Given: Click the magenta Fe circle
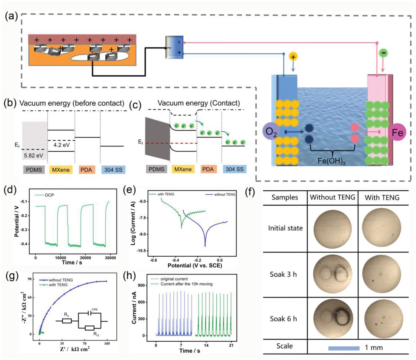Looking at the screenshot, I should (x=397, y=132).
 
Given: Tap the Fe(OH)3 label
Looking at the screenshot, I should (x=331, y=161).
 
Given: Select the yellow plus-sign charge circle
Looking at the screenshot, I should (x=293, y=57).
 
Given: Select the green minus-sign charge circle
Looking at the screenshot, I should (x=383, y=53).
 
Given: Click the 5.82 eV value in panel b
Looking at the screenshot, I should (x=33, y=155).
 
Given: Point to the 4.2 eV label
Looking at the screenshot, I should (x=61, y=145).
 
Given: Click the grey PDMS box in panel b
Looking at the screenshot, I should (x=34, y=170).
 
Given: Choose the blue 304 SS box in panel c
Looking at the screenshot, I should (x=234, y=169).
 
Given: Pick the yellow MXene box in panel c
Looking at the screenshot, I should (x=183, y=169).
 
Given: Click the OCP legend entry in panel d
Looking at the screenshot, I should (x=49, y=195).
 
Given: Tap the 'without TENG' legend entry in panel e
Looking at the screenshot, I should (x=224, y=194).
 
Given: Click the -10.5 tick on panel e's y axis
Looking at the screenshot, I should (x=142, y=251).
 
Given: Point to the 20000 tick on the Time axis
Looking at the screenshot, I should (x=85, y=258).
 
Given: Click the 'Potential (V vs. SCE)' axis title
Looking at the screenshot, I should (x=195, y=266).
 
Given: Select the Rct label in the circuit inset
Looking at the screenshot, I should (x=96, y=334).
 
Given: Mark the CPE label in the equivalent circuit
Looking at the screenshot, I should (x=95, y=309).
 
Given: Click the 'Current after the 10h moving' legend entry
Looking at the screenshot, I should (x=186, y=284).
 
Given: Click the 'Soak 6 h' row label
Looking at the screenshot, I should (x=283, y=319).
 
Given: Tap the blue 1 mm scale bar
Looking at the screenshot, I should (x=344, y=348).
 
